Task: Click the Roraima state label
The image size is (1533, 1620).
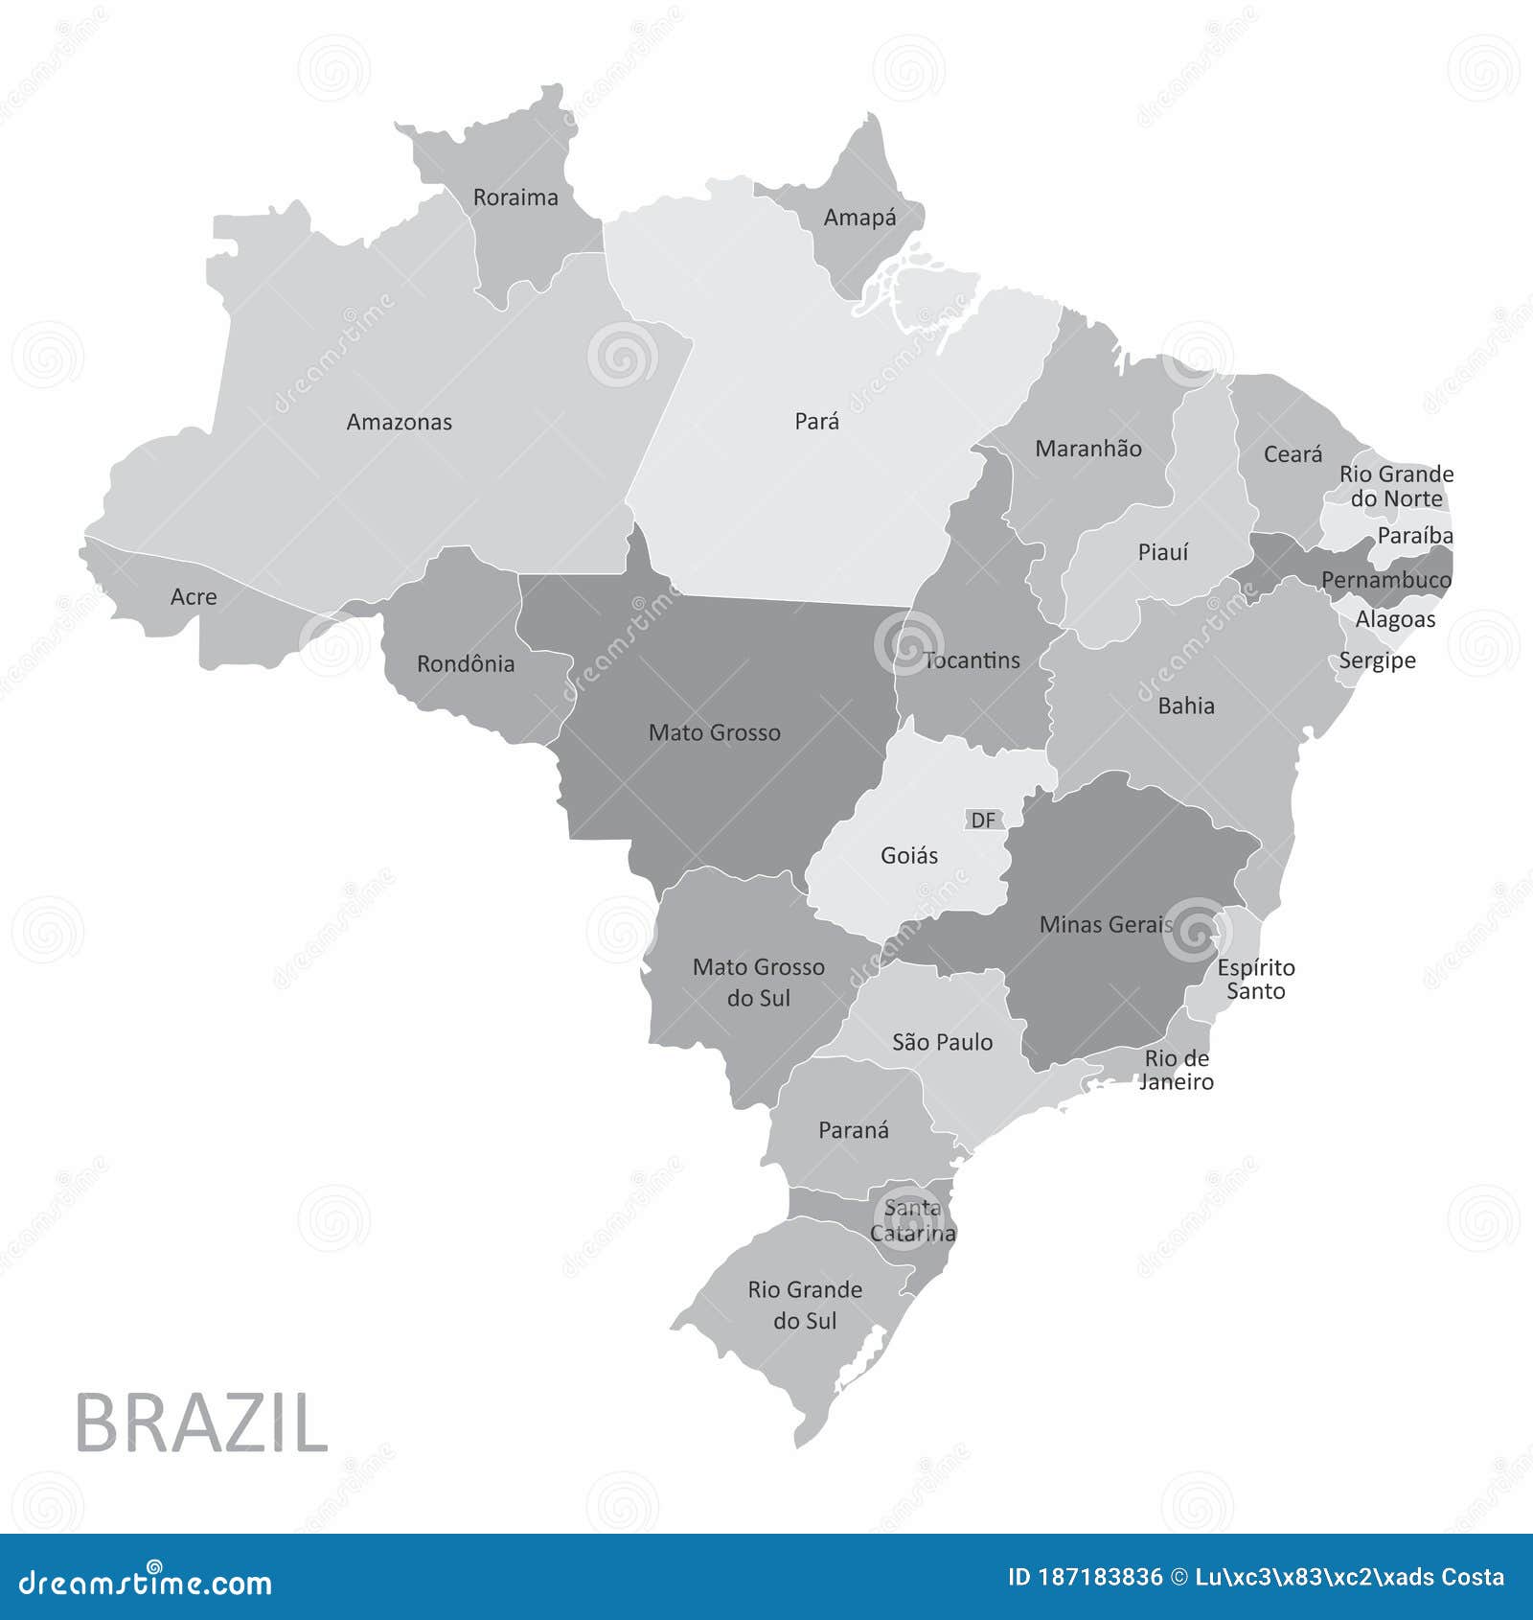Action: pyautogui.click(x=515, y=197)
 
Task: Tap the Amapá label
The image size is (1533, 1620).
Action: pyautogui.click(x=859, y=218)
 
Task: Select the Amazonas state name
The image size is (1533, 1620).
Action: pyautogui.click(x=399, y=422)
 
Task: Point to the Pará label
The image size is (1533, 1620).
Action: pyautogui.click(x=816, y=421)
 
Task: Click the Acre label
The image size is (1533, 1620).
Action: pyautogui.click(x=194, y=597)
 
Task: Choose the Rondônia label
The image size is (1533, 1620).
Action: pyautogui.click(x=466, y=663)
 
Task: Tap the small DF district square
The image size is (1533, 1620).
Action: pyautogui.click(x=983, y=820)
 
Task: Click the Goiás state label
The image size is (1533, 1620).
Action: pyautogui.click(x=909, y=855)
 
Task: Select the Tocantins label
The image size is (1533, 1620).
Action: pyautogui.click(x=972, y=660)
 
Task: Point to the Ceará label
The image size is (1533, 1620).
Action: pyautogui.click(x=1293, y=454)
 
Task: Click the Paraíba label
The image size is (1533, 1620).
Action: pyautogui.click(x=1414, y=536)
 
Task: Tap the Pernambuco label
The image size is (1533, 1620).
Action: pyautogui.click(x=1385, y=580)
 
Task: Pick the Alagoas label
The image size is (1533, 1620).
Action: pyautogui.click(x=1395, y=619)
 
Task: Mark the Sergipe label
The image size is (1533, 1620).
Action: pyautogui.click(x=1377, y=660)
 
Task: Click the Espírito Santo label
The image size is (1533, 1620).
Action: pyautogui.click(x=1255, y=979)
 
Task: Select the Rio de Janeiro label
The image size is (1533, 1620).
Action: pyautogui.click(x=1177, y=1070)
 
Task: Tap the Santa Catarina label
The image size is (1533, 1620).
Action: pyautogui.click(x=912, y=1220)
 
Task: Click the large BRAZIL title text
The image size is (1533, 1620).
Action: pyautogui.click(x=201, y=1423)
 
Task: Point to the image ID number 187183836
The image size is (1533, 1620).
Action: pyautogui.click(x=1101, y=1577)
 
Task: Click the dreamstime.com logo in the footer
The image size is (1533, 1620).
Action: pyautogui.click(x=146, y=1581)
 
